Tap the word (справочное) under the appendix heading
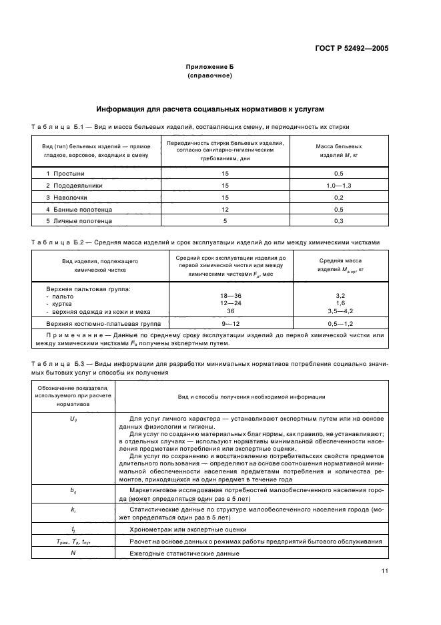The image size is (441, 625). (210, 75)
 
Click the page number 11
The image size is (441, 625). (385, 570)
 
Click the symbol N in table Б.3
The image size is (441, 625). (73, 554)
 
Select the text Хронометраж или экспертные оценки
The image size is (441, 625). (177, 528)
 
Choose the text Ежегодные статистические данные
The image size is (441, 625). (176, 554)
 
